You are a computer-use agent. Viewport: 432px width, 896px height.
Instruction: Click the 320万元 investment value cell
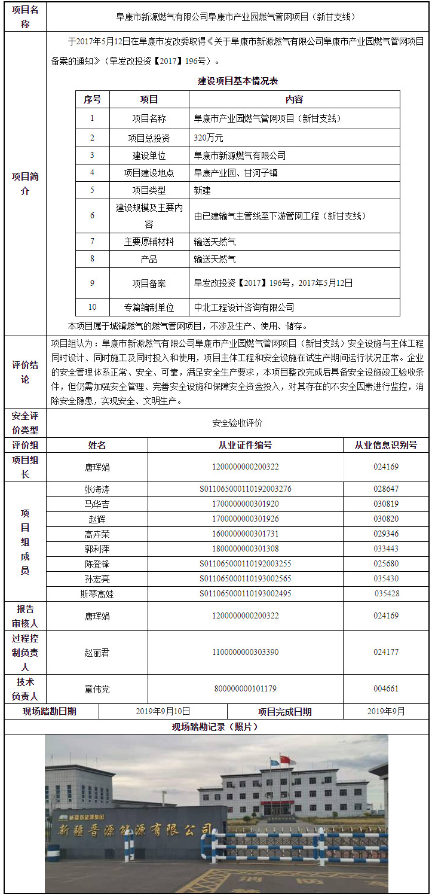[209, 138]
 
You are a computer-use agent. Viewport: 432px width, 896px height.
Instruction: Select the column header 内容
[294, 99]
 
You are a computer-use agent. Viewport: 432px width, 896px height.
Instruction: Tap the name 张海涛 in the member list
[97, 489]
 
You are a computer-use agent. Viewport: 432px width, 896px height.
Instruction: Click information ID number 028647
[386, 489]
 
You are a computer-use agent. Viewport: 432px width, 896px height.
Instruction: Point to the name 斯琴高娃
[97, 593]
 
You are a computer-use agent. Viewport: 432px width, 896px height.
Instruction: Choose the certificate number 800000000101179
[245, 688]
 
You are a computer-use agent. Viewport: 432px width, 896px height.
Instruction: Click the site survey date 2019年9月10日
[163, 711]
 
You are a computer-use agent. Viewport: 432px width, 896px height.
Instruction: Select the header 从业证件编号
[245, 445]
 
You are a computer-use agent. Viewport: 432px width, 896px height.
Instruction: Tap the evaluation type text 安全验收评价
[237, 423]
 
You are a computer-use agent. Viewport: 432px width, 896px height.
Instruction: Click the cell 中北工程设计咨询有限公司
[244, 307]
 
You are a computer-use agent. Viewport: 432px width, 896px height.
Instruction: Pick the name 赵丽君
[97, 652]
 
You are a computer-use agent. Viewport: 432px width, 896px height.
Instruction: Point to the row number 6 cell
[92, 215]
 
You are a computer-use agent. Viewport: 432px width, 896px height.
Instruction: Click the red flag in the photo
[285, 760]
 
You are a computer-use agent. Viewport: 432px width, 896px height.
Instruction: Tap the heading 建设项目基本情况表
[238, 81]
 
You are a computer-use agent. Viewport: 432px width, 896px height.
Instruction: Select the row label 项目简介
[25, 184]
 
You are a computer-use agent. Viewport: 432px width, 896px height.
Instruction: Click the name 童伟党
[97, 688]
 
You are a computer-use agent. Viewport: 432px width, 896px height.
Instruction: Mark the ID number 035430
[386, 578]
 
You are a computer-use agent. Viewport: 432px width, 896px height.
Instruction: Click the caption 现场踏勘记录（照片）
[215, 727]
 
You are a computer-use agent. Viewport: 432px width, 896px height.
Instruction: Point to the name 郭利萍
[97, 548]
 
